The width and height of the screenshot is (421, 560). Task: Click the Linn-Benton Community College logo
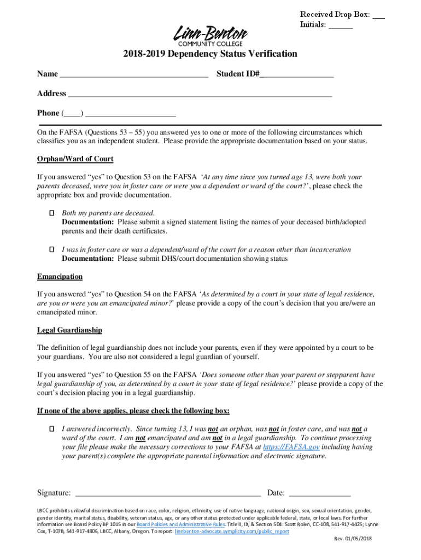[210, 36]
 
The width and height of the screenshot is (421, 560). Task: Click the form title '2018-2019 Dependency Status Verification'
[210, 54]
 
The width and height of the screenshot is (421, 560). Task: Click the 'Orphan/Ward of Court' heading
[75, 159]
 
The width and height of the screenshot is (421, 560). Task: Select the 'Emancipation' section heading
[60, 277]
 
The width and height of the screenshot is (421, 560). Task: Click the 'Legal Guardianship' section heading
[69, 330]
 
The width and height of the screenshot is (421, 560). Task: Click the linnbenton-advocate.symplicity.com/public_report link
[232, 531]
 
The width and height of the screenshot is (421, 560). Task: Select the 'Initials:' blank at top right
[341, 25]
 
